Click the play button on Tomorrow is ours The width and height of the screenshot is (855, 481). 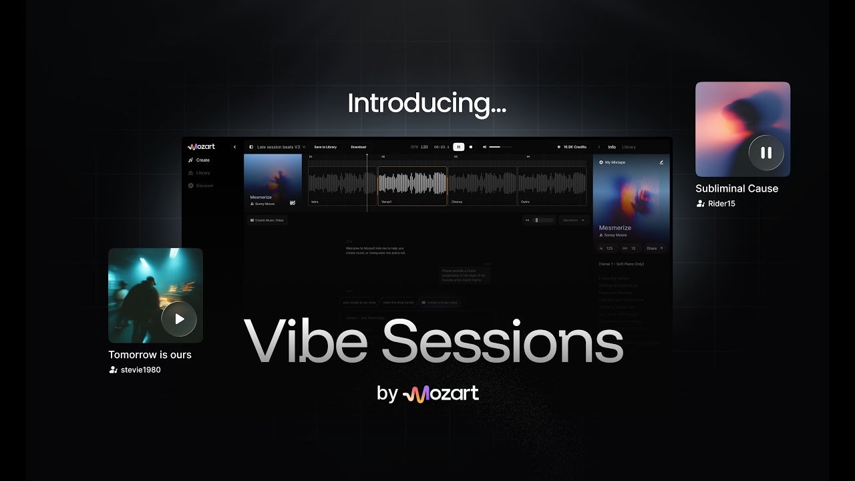pyautogui.click(x=179, y=319)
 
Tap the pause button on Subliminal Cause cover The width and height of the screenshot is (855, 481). pyautogui.click(x=765, y=152)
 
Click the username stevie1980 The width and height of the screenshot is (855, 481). pyautogui.click(x=140, y=369)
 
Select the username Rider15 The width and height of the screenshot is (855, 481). pyautogui.click(x=721, y=203)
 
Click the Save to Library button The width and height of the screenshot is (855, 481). pyautogui.click(x=325, y=147)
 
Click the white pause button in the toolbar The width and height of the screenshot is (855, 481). pyautogui.click(x=458, y=147)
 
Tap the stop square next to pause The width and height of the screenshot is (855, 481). pyautogui.click(x=471, y=147)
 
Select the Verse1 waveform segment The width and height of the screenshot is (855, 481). pyautogui.click(x=412, y=186)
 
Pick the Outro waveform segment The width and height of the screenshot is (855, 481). pyautogui.click(x=552, y=186)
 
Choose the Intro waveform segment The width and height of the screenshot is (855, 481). pyautogui.click(x=342, y=186)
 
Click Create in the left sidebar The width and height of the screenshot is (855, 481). pyautogui.click(x=202, y=160)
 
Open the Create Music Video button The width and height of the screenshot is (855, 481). pyautogui.click(x=267, y=220)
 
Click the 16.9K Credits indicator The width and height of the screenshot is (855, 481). pyautogui.click(x=574, y=147)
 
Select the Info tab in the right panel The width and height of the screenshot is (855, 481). pyautogui.click(x=612, y=147)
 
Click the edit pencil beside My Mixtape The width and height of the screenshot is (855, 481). pyautogui.click(x=661, y=162)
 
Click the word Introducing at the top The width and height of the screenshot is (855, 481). pyautogui.click(x=427, y=104)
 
